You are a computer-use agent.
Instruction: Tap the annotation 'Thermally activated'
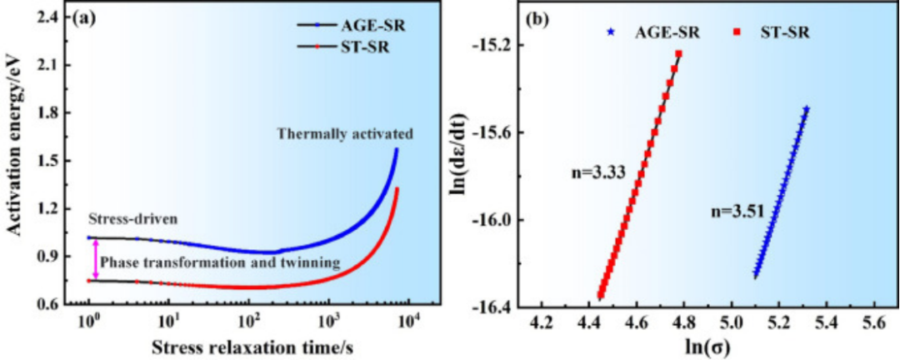(347, 133)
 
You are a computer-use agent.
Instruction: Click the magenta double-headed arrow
(96, 259)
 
